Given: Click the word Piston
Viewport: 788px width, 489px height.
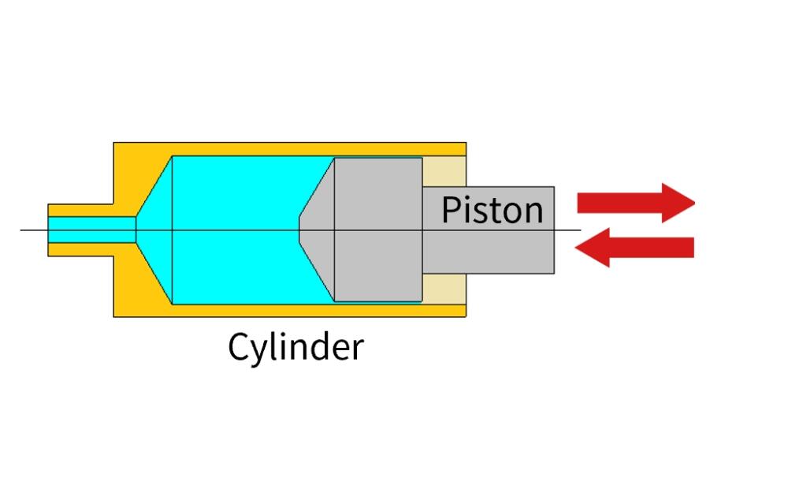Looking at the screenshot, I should click(492, 211).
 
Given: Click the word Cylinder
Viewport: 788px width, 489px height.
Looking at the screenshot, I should click(295, 346).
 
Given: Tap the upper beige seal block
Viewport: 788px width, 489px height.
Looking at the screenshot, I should click(444, 171).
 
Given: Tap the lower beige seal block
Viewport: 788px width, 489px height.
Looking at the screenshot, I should click(444, 288).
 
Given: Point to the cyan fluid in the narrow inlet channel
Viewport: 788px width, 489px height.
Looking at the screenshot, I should click(91, 230).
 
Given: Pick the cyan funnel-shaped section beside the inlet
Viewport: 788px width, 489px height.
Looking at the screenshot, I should click(155, 230).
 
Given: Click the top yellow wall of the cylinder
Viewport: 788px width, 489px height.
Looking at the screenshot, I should click(299, 149).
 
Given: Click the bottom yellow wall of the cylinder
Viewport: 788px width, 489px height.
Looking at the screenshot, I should click(299, 309).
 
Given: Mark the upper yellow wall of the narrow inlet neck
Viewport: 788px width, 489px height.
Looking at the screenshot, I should click(79, 210).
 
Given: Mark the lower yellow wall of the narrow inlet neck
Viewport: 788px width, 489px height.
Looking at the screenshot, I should click(79, 250).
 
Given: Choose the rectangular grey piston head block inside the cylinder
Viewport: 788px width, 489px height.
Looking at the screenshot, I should click(378, 230).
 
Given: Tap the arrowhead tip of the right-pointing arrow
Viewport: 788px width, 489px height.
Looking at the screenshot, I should click(693, 203).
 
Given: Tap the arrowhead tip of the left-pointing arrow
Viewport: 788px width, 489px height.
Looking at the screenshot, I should click(578, 248).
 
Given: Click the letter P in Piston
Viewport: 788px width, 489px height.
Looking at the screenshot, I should click(450, 211).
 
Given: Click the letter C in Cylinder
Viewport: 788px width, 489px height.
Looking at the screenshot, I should click(239, 346).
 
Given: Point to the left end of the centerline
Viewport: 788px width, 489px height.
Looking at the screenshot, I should click(21, 230).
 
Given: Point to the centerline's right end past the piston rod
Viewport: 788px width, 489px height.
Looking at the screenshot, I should click(580, 230).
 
